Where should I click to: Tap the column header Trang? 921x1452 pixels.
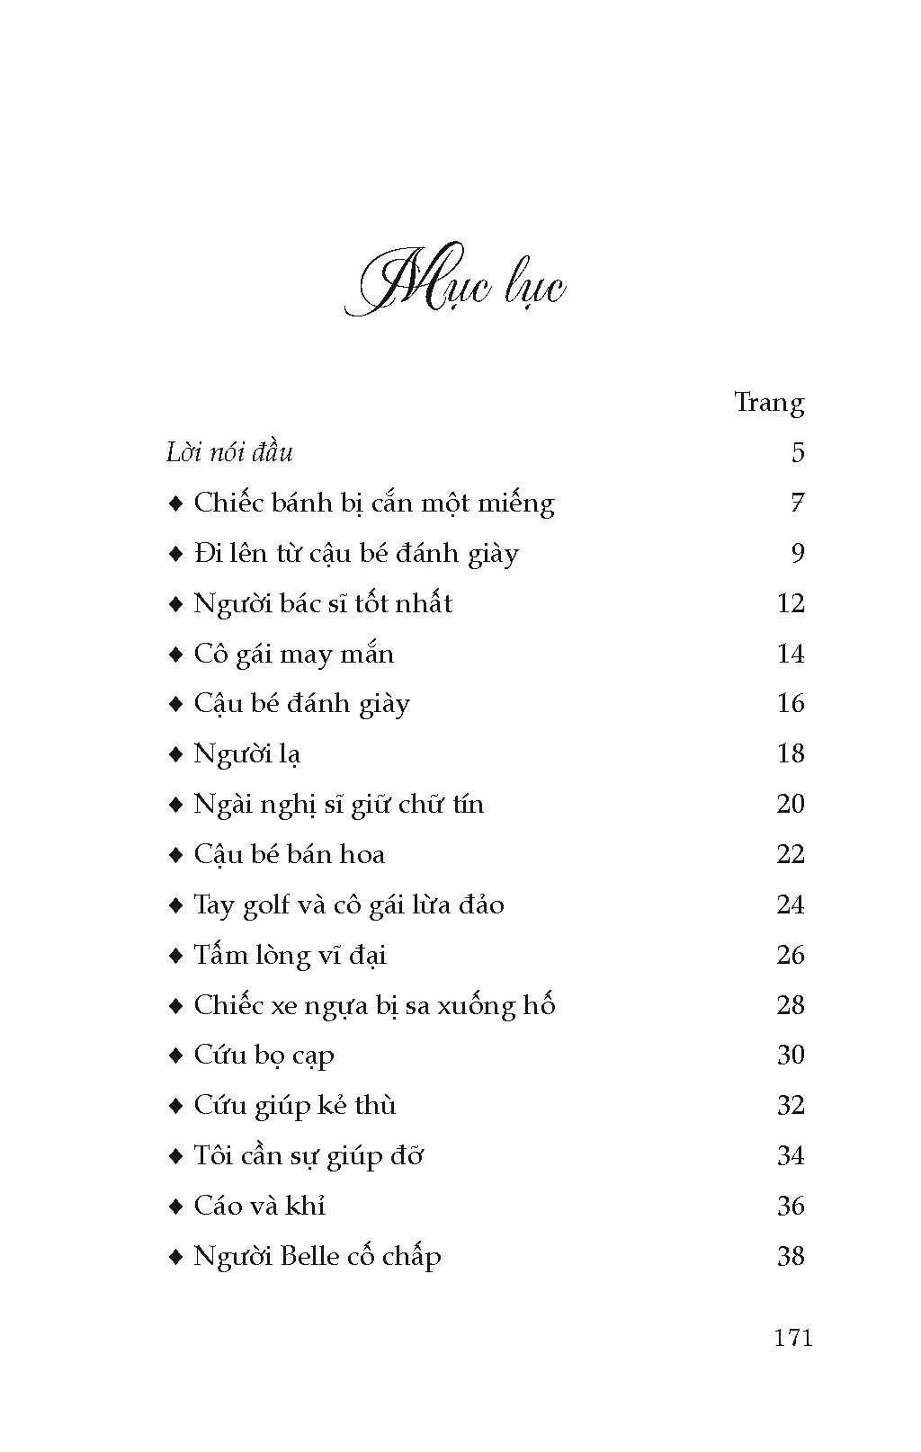tap(768, 402)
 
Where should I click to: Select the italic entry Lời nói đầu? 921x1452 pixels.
tap(229, 452)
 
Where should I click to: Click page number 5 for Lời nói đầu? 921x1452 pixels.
tap(798, 452)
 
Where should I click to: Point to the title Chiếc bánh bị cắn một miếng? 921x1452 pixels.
tap(374, 503)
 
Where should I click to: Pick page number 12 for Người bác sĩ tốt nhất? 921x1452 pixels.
tap(790, 603)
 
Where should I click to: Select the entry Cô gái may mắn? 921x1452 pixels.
tap(294, 654)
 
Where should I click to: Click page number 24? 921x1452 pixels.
tap(790, 904)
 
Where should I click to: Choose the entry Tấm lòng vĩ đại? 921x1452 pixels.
tap(290, 955)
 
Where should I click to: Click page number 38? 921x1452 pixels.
tap(790, 1256)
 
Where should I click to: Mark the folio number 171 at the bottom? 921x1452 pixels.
tap(792, 1338)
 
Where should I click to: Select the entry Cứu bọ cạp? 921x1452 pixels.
tap(264, 1056)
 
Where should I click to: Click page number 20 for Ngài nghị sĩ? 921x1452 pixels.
tap(790, 804)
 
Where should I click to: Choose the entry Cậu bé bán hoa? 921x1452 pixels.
tap(289, 854)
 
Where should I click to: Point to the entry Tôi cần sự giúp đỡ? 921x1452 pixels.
tap(308, 1156)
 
